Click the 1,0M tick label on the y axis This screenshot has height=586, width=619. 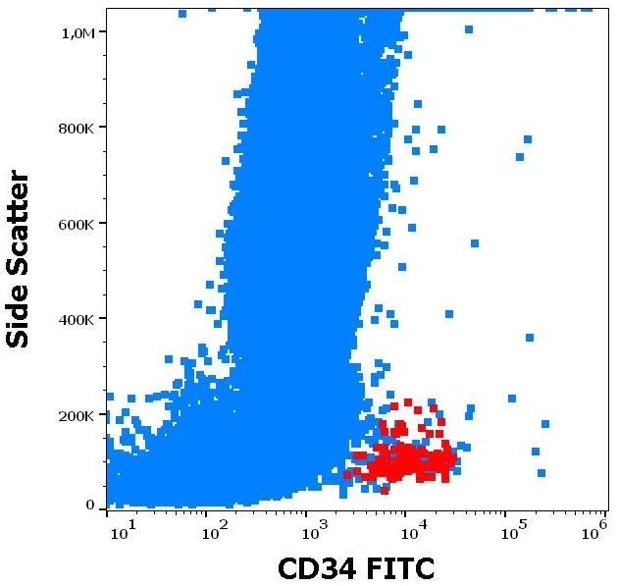[77, 33]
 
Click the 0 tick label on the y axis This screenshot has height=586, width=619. [90, 505]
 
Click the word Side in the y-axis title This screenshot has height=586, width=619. [19, 314]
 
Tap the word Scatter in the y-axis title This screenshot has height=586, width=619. [19, 225]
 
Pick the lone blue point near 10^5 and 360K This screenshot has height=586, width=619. [529, 338]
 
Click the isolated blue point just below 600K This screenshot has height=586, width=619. [475, 243]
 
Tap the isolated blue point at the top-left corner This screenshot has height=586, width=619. [182, 14]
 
